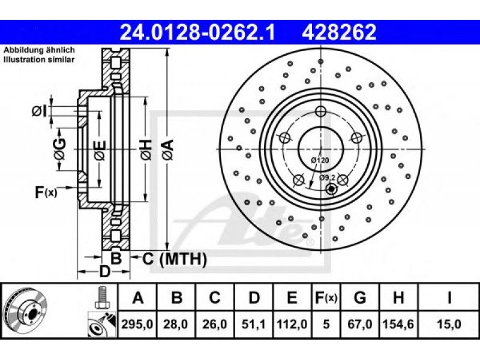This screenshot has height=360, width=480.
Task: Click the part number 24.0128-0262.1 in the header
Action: pos(197,32)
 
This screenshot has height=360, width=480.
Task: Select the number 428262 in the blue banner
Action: pos(339,32)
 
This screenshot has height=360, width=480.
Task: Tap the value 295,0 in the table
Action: pos(137,324)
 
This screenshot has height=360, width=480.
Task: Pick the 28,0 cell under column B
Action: pos(175,324)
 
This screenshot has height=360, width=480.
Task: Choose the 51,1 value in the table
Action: pos(253,324)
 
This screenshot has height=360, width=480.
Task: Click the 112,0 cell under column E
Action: pos(292,324)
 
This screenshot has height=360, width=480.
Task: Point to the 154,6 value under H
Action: pos(398,324)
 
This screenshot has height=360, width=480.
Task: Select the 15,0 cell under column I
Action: pos(449,324)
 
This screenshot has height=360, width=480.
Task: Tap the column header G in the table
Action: pos(359,297)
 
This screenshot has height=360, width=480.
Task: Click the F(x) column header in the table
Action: pos(326,298)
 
